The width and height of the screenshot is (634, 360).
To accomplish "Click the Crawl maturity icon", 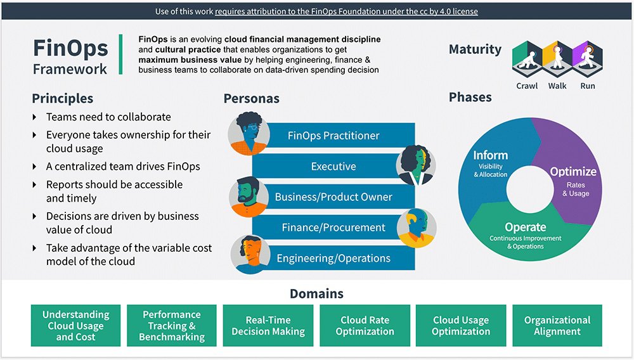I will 527,60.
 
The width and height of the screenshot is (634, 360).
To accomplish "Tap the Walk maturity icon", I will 557,60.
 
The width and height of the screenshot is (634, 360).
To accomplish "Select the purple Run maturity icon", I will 588,60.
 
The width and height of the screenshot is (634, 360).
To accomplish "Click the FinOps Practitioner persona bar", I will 333,136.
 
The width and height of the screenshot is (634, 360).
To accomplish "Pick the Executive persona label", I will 333,166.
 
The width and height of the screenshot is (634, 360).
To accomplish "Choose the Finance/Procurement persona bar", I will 333,228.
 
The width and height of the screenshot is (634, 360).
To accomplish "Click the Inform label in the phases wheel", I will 490,155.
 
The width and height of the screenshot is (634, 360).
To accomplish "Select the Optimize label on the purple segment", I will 573,172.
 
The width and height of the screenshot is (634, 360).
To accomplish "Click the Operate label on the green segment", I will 525,227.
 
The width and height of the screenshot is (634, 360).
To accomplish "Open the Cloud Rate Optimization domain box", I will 365,326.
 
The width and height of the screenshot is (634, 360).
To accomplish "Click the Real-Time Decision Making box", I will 268,326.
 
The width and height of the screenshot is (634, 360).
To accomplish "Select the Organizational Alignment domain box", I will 557,326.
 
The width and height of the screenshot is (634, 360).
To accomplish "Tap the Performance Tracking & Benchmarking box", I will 172,326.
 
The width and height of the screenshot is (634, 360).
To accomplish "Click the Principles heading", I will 63,98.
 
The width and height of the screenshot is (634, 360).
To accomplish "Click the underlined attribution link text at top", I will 346,11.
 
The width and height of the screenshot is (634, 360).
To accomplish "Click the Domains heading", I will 316,293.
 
